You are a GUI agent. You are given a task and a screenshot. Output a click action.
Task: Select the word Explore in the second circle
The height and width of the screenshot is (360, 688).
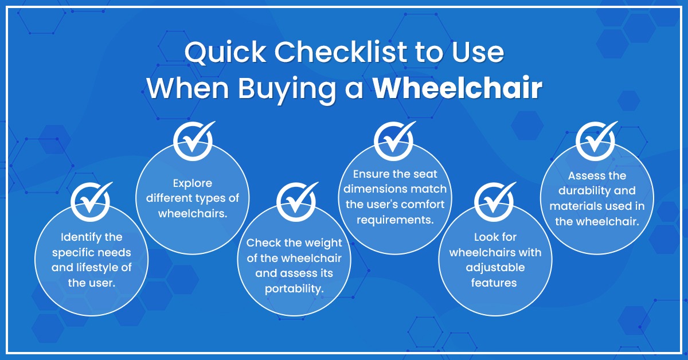193,184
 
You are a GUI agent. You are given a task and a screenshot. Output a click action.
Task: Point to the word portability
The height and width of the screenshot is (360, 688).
294,288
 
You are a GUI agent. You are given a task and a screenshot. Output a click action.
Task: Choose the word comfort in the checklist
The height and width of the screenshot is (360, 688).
424,204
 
